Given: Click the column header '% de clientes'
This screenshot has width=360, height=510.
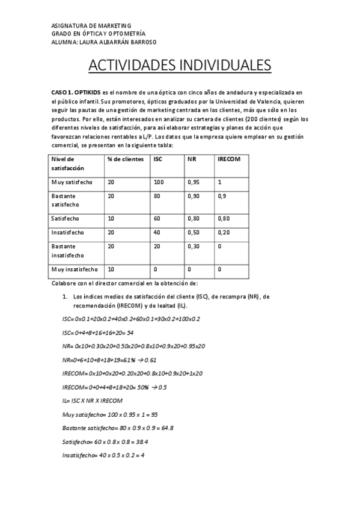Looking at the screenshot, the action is pyautogui.click(x=126, y=159).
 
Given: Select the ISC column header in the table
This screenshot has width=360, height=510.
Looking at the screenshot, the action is pyautogui.click(x=158, y=159).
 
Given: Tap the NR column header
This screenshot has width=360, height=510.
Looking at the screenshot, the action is pyautogui.click(x=192, y=159).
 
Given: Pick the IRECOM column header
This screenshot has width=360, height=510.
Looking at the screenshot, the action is pyautogui.click(x=230, y=159).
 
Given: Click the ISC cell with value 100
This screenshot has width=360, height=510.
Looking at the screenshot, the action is pyautogui.click(x=159, y=182).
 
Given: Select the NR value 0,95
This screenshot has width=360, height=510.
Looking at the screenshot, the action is pyautogui.click(x=194, y=182).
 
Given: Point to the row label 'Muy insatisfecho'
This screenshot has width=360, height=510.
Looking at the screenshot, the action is pyautogui.click(x=74, y=269).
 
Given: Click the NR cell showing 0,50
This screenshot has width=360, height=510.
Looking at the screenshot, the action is pyautogui.click(x=194, y=233).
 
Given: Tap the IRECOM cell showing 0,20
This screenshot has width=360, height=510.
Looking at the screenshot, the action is pyautogui.click(x=224, y=233).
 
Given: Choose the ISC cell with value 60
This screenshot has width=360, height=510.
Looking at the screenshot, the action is pyautogui.click(x=157, y=219).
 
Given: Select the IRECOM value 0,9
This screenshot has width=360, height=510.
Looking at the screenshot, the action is pyautogui.click(x=222, y=196).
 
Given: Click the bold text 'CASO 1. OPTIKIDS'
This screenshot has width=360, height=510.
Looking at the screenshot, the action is pyautogui.click(x=76, y=93).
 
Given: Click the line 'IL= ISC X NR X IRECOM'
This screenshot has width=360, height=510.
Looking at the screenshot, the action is pyautogui.click(x=92, y=401).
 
